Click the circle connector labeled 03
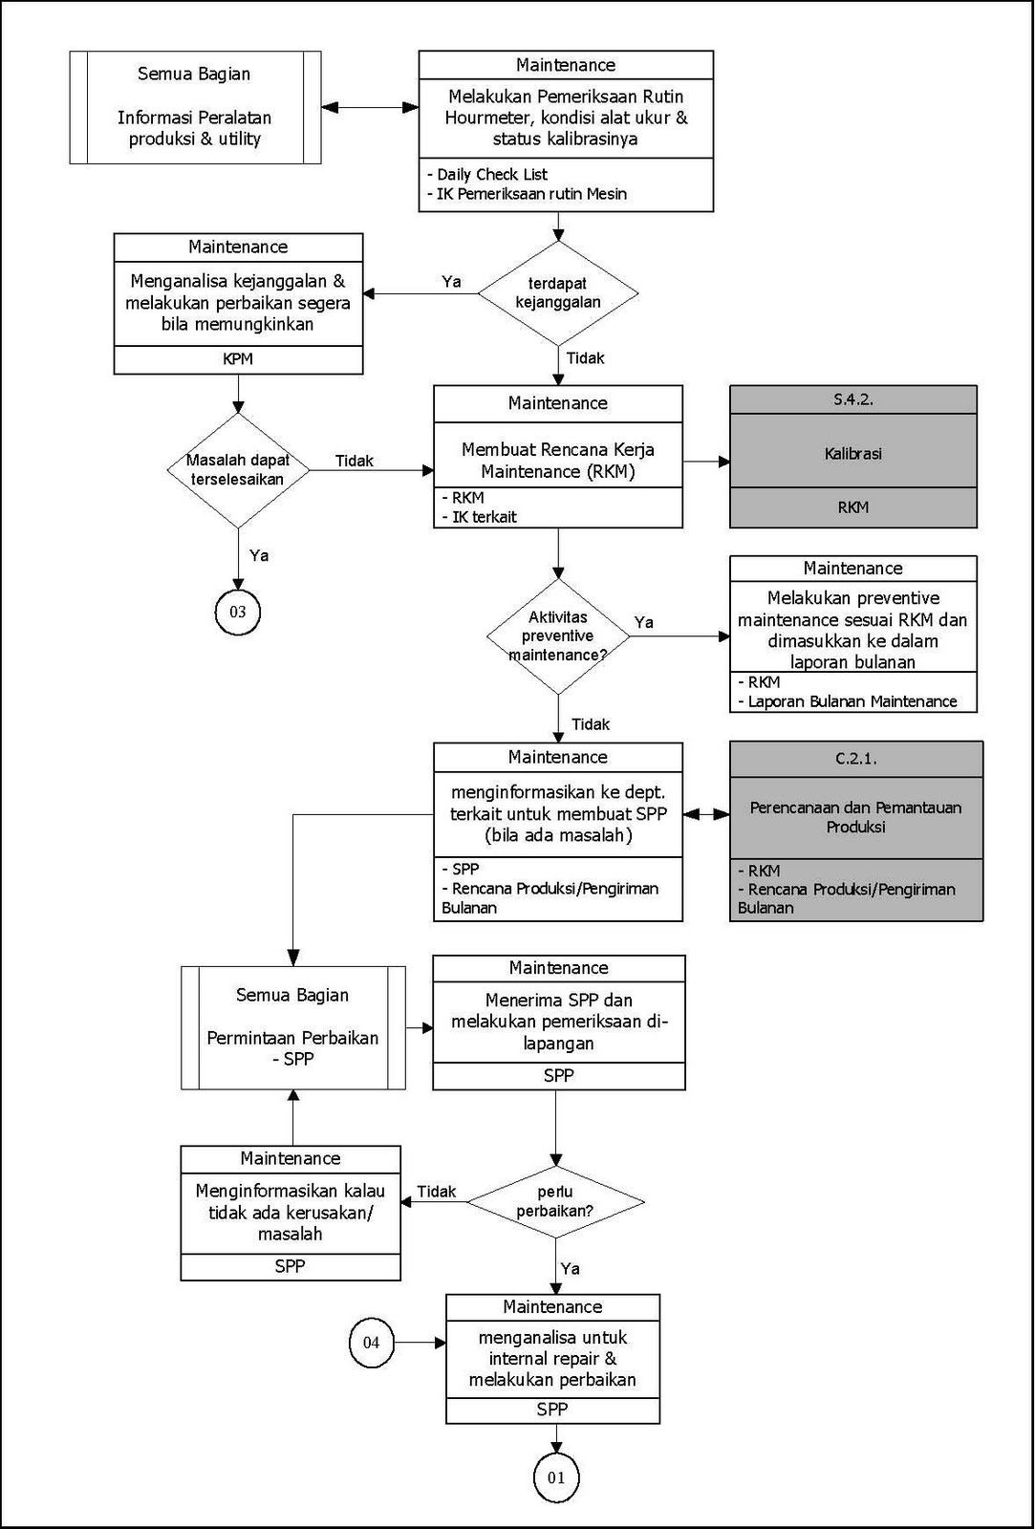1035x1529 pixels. point(237,612)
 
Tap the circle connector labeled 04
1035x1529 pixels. point(371,1343)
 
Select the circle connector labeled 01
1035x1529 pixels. point(556,1477)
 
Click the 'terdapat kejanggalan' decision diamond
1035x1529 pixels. point(558,292)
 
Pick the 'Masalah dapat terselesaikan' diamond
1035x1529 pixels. point(237,469)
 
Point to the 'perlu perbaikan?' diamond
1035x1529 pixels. point(555,1201)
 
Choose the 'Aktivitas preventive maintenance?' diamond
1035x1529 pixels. point(558,635)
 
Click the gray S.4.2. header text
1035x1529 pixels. point(853,399)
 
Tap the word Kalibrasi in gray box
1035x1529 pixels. point(853,453)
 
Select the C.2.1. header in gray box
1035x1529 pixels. point(855,759)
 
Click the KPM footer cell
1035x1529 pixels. point(238,359)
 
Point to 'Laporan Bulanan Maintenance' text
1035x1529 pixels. point(852,701)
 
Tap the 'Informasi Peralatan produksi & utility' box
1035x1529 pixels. point(195,128)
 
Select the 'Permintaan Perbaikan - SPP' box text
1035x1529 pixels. point(292,1047)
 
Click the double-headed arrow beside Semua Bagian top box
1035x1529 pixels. point(370,107)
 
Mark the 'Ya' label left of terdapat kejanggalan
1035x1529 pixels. point(451,282)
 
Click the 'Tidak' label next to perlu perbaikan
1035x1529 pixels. point(437,1192)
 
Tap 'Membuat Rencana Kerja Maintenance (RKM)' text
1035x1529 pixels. point(558,460)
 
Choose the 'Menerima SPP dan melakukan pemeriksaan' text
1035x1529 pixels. point(559,1022)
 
